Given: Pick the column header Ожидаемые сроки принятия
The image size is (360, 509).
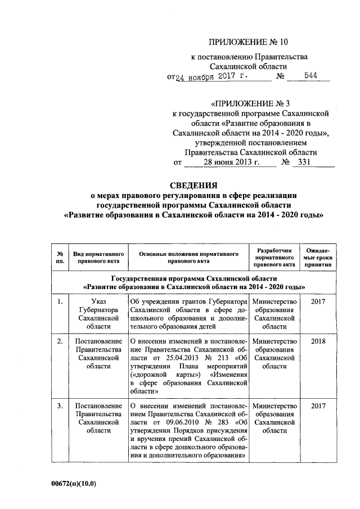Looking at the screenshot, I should coord(318,256).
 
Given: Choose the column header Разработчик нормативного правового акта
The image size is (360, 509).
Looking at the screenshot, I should coord(274,256).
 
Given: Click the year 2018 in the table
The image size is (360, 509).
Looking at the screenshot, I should coord(318,341).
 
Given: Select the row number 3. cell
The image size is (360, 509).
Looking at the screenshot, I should coord(60,406).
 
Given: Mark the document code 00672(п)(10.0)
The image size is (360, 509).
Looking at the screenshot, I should coord(73,483).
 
